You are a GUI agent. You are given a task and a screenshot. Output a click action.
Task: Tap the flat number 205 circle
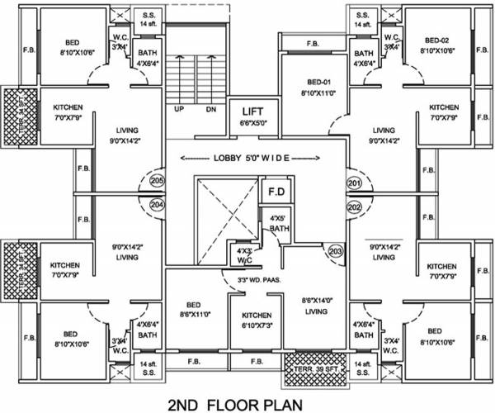[x=158, y=182]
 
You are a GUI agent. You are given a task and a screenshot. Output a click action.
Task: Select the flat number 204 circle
[x=158, y=206]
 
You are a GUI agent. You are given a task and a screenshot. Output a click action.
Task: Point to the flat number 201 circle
[x=354, y=182]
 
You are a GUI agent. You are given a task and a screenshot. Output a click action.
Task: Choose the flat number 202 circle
[x=354, y=206]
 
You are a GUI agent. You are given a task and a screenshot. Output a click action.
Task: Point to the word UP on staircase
[x=179, y=109]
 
